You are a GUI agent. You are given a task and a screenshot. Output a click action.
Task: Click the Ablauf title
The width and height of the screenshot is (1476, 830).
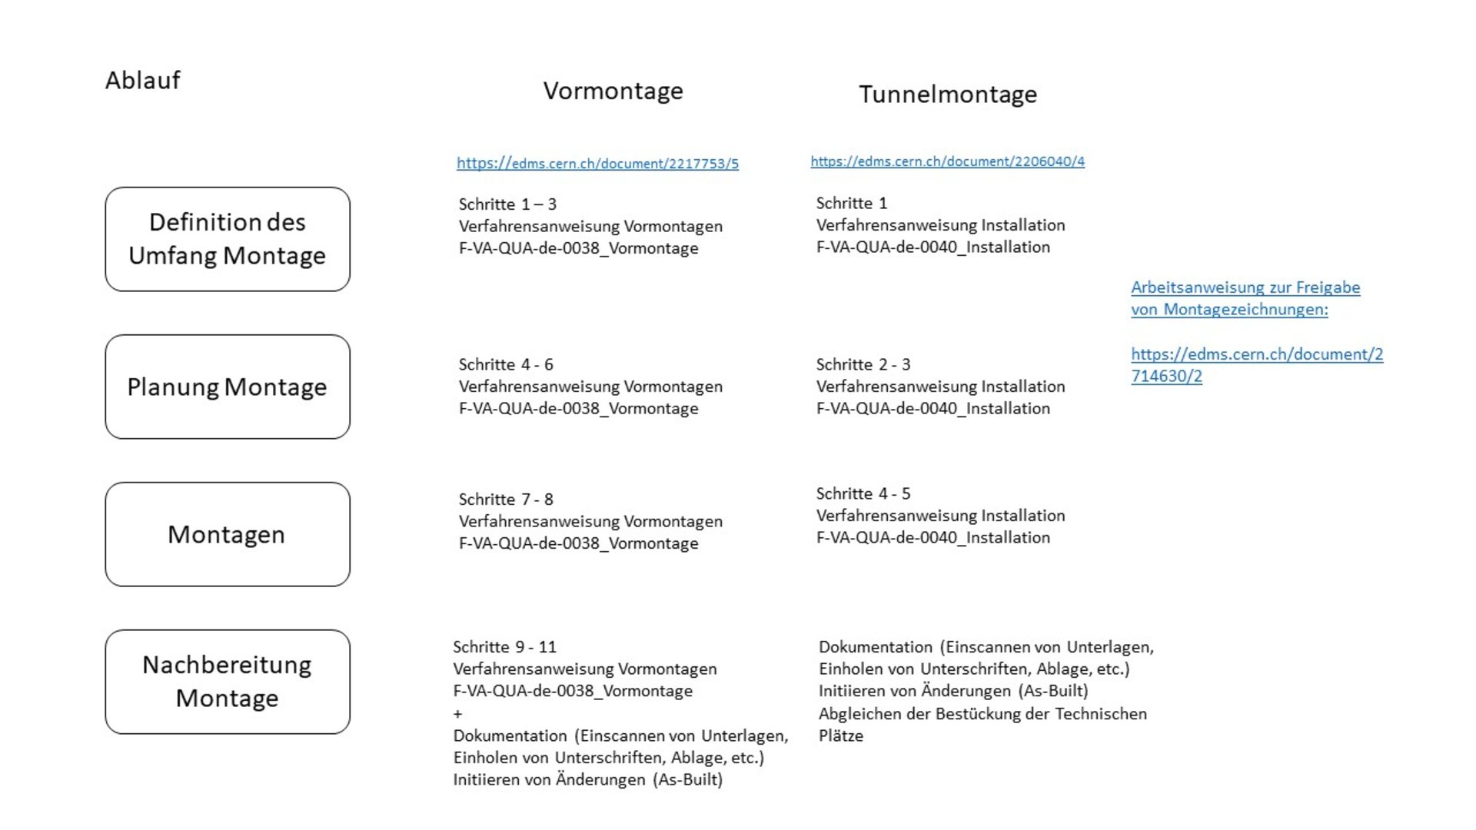(142, 80)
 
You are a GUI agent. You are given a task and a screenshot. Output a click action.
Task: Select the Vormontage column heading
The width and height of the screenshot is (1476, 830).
(613, 91)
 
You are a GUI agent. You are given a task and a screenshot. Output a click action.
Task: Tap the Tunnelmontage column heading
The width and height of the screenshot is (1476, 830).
(947, 95)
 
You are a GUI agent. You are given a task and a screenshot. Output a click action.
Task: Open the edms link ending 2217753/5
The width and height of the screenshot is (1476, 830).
(597, 164)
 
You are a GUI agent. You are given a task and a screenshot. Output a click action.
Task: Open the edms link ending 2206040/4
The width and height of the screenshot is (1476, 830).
(947, 161)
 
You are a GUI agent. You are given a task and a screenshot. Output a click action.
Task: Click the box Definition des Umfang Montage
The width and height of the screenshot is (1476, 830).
(228, 239)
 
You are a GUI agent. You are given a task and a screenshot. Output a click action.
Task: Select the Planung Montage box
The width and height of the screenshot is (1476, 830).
(228, 387)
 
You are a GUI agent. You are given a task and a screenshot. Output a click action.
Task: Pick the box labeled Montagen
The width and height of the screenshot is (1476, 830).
(228, 534)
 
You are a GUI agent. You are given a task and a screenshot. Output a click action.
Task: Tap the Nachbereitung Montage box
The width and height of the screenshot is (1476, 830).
(228, 682)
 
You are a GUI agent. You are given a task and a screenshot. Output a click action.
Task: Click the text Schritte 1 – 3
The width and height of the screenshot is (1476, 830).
(507, 204)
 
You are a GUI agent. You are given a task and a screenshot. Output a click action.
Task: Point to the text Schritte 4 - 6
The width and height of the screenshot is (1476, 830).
(506, 364)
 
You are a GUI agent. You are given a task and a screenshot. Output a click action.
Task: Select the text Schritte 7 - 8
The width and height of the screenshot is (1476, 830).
(506, 500)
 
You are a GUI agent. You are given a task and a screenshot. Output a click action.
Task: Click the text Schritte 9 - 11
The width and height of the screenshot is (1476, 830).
(504, 647)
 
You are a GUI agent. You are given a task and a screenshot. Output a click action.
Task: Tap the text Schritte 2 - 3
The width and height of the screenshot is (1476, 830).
(863, 364)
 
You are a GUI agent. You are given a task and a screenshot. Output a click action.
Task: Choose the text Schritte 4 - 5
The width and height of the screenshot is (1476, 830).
(863, 493)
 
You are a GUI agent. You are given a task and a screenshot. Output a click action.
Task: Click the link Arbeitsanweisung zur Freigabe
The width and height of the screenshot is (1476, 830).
(1245, 287)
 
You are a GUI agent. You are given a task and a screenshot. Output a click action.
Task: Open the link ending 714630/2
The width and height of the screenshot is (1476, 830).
(1166, 377)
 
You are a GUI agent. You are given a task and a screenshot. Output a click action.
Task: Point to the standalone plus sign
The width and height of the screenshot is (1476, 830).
(458, 714)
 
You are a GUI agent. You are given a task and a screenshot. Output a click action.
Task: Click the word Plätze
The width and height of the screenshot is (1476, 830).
(841, 736)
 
